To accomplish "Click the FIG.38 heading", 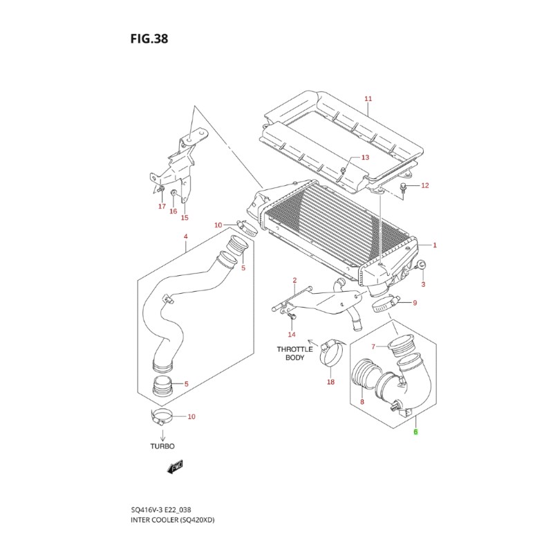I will pos(149,39).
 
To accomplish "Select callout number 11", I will pos(368,99).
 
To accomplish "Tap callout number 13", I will pos(365,158).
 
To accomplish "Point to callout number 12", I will pos(425,185).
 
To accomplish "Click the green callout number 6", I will pos(415,433).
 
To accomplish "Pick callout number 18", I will pos(330,382).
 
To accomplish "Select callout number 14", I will pos(291,334).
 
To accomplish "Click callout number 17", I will pos(162,206).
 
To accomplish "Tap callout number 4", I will pos(185,237).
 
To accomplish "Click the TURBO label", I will pos(162,447).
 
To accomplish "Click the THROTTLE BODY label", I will pos(295,354).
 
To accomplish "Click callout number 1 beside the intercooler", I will pos(435,245).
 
